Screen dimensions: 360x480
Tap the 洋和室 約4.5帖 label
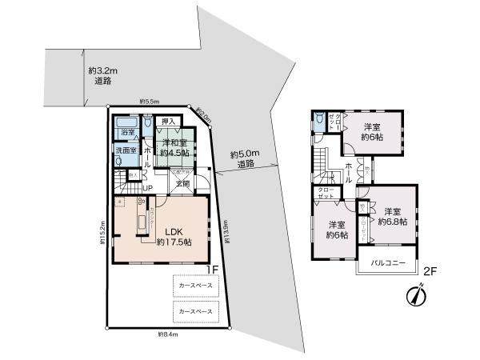pos(173,146)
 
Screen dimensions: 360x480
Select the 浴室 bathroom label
pos(127,130)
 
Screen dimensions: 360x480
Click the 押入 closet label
pos(167,122)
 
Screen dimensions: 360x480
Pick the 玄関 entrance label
pos(183,184)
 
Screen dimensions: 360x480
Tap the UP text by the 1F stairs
pos(126,188)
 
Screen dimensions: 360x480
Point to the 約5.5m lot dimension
pos(149,102)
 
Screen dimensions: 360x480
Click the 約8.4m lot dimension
pos(168,334)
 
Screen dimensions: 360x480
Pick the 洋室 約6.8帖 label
pos(394,217)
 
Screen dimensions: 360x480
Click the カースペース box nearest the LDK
pos(195,285)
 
